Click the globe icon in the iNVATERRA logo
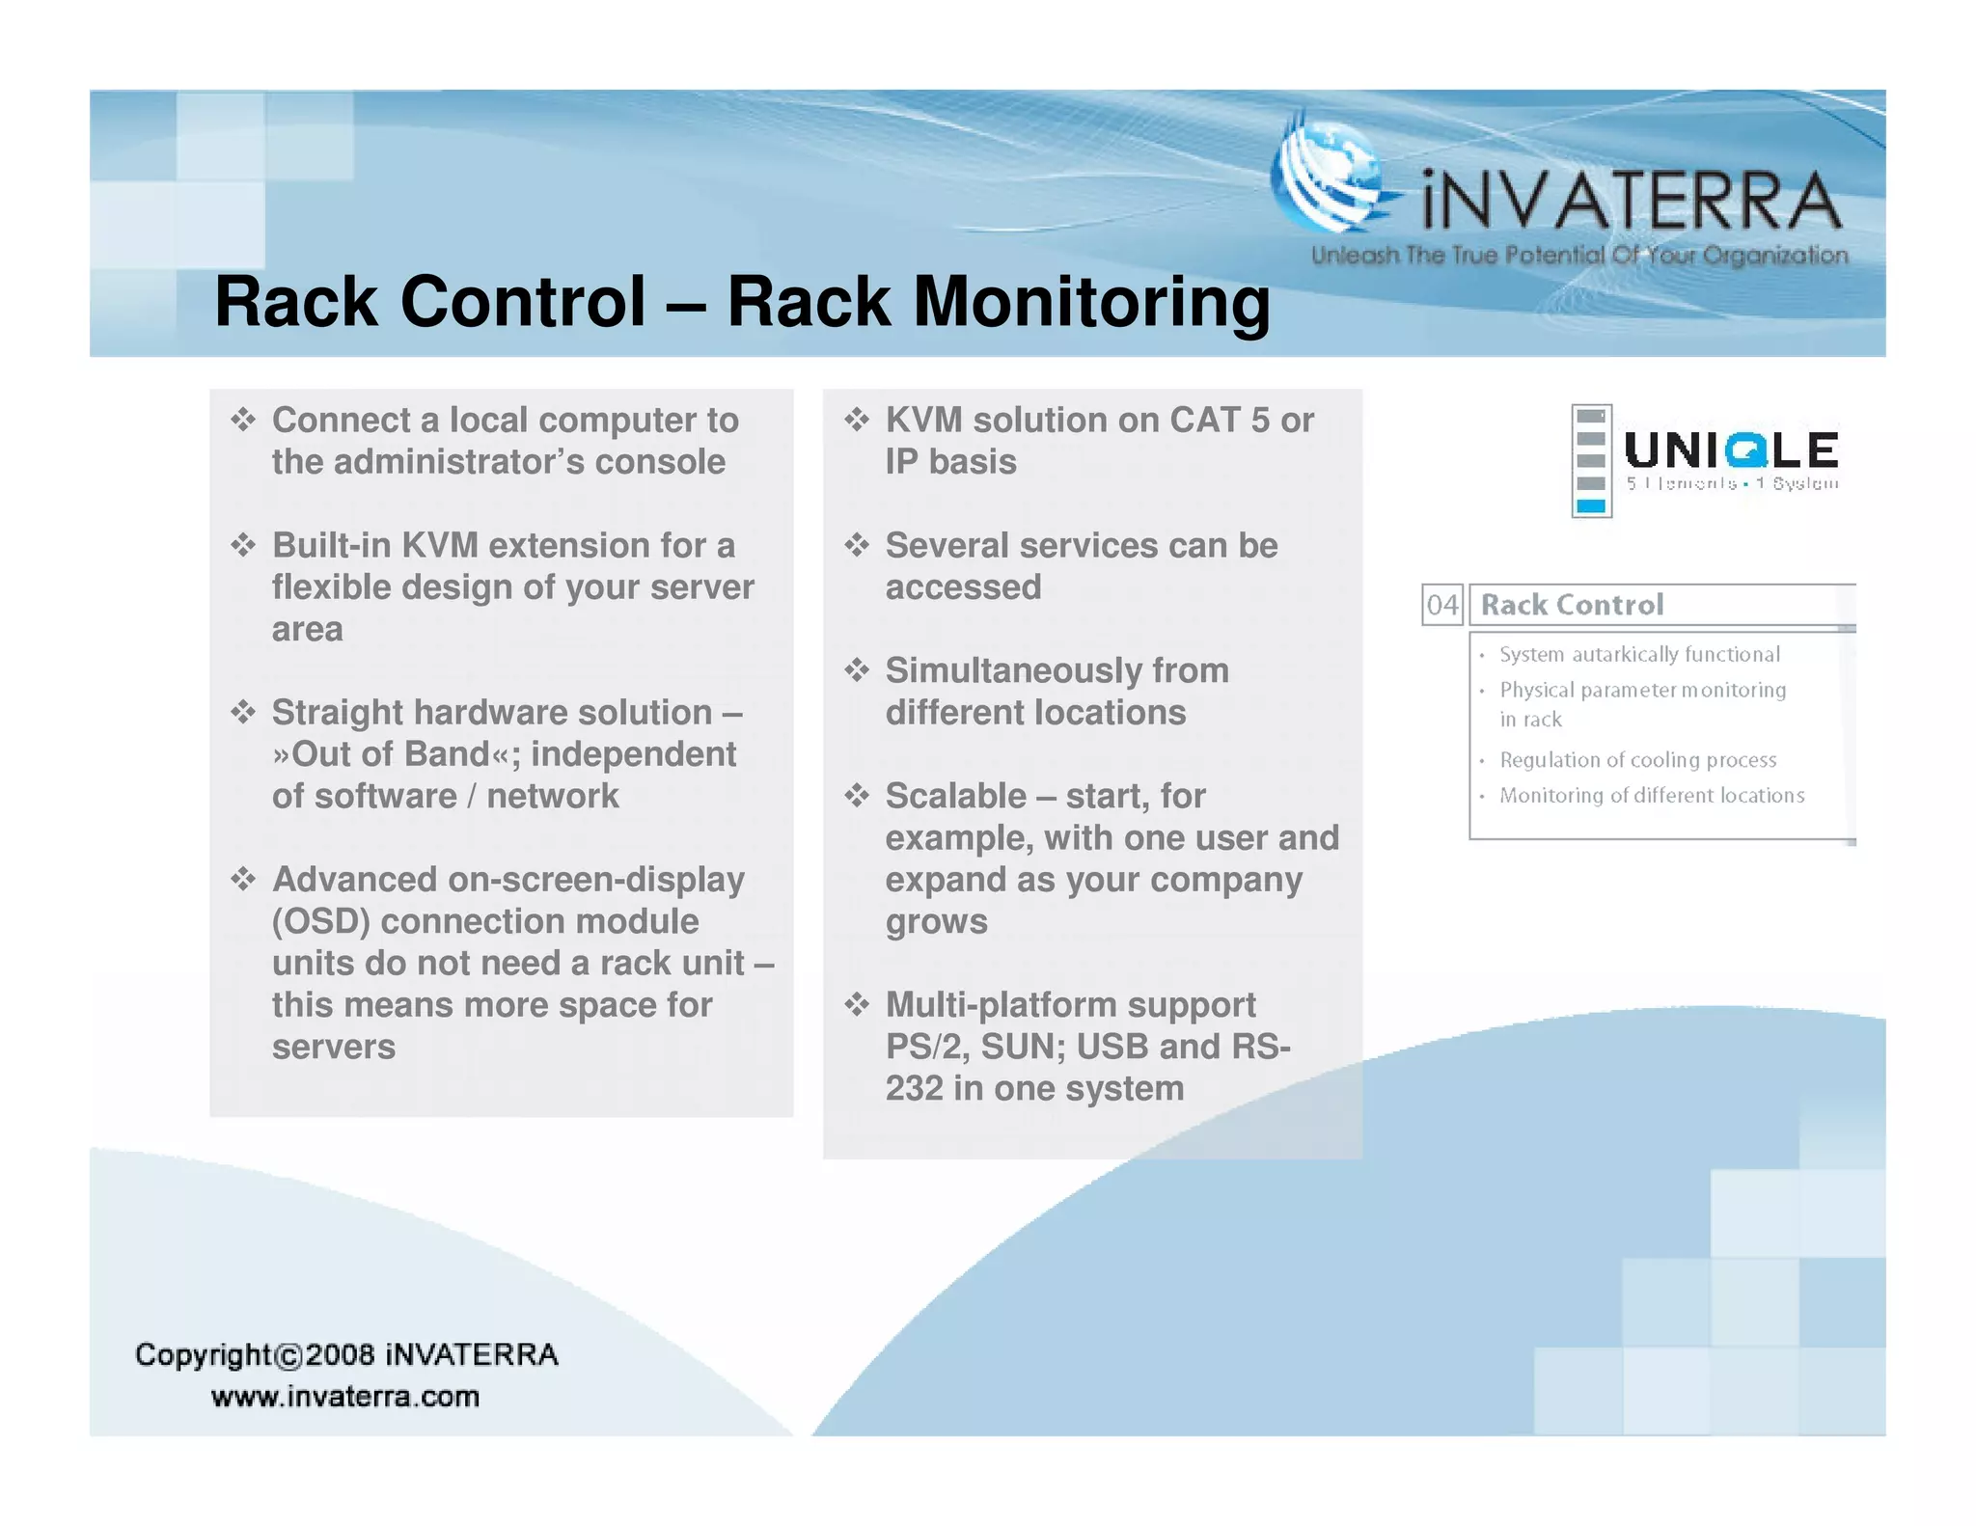[1330, 178]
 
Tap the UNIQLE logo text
[1731, 450]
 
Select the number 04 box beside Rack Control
[1441, 605]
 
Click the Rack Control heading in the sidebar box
[1572, 605]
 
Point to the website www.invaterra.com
[345, 1396]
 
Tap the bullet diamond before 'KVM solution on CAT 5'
[857, 420]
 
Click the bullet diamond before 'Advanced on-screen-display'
[243, 879]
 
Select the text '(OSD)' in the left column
[320, 921]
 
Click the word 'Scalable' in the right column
[955, 796]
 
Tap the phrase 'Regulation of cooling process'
[1637, 760]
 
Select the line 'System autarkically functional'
[1638, 654]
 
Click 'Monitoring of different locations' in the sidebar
[1651, 796]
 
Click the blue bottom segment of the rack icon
[1590, 505]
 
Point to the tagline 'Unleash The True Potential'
[1578, 256]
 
